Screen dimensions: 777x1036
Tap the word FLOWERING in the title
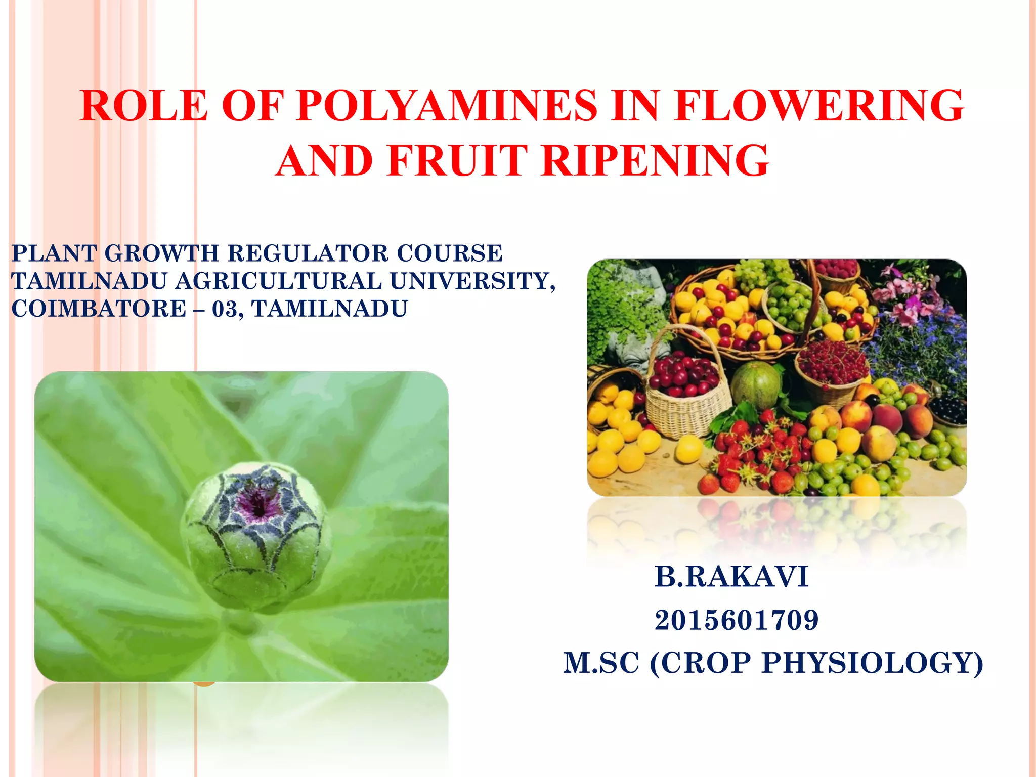tap(819, 106)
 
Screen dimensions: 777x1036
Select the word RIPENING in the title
tap(655, 161)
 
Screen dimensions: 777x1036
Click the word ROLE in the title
tap(144, 106)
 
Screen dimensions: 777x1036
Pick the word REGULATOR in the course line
tap(308, 253)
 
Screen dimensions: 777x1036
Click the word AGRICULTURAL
tap(279, 281)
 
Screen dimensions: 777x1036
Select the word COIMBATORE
tap(99, 309)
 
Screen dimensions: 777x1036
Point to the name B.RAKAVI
tap(731, 577)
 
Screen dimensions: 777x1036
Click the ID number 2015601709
tap(737, 620)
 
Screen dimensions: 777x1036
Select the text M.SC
tap(601, 663)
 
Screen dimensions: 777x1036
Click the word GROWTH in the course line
tap(161, 253)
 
